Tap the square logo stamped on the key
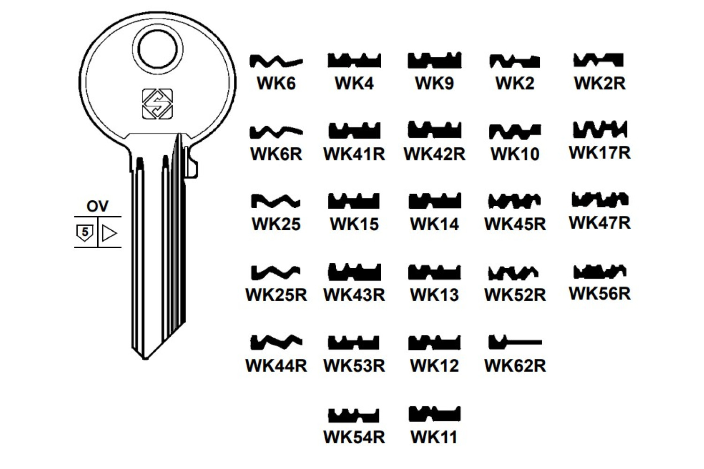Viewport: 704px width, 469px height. [157, 104]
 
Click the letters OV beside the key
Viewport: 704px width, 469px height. [97, 206]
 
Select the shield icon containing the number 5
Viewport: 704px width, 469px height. [85, 232]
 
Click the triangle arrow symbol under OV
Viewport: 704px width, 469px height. [109, 233]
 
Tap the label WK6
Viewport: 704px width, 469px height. [276, 83]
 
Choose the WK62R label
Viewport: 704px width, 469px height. [515, 365]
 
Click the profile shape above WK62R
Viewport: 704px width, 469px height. [515, 342]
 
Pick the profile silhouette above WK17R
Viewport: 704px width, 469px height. [600, 129]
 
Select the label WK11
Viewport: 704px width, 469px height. [434, 437]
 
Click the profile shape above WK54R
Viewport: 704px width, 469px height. [354, 415]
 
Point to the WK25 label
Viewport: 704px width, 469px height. [276, 224]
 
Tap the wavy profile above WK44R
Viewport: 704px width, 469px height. [276, 342]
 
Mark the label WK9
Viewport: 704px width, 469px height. [434, 83]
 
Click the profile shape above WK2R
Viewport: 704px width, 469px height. [599, 60]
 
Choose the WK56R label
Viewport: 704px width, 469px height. [600, 294]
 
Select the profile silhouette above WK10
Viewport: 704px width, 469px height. [515, 131]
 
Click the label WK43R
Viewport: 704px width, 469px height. [354, 295]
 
